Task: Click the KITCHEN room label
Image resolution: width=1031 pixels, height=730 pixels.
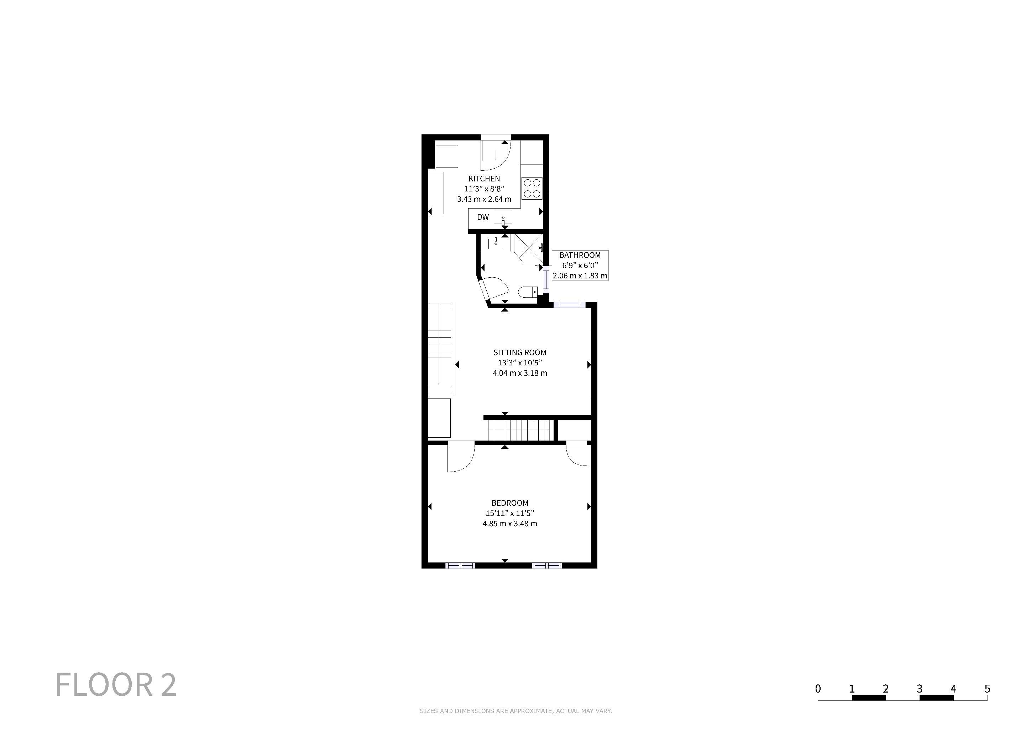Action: click(x=484, y=179)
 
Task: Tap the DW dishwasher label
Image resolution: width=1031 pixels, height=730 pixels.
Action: click(x=483, y=217)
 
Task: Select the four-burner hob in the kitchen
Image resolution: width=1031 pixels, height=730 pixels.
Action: click(x=532, y=188)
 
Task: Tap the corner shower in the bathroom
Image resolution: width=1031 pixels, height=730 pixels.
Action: click(x=529, y=248)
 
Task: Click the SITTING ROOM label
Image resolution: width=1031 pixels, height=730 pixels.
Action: click(x=520, y=353)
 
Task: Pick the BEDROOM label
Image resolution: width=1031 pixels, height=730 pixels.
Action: click(x=510, y=503)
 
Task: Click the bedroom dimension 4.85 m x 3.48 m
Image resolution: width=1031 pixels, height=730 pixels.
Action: click(x=510, y=524)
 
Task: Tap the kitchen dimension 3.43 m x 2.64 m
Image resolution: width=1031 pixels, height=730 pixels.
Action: click(x=484, y=199)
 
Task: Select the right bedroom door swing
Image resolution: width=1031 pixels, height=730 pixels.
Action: click(x=573, y=458)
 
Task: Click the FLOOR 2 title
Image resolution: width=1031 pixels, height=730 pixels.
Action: click(x=116, y=685)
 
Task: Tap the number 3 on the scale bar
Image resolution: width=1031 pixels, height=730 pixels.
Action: click(x=919, y=689)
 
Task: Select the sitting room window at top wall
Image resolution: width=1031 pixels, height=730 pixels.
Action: click(x=569, y=305)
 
